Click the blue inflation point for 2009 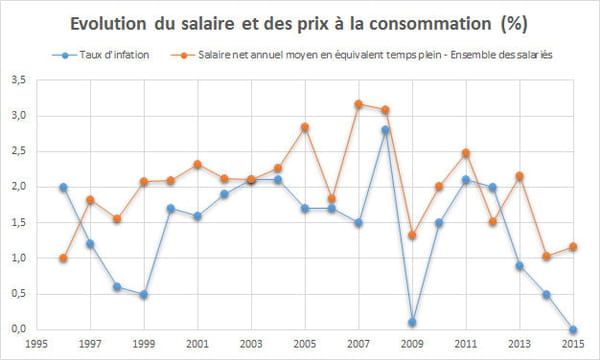(x=412, y=322)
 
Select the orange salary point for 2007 (x=359, y=104)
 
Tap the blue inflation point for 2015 (x=573, y=329)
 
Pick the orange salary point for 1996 (x=64, y=258)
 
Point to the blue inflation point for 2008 (x=385, y=130)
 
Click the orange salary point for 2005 (x=305, y=127)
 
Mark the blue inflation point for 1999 (x=144, y=294)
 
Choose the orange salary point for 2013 (x=519, y=176)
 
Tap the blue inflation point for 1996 (x=64, y=187)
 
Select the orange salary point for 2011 (x=466, y=153)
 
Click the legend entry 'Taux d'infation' (x=101, y=55)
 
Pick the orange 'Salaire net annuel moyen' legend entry (x=362, y=55)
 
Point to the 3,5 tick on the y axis (x=18, y=80)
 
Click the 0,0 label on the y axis (x=18, y=329)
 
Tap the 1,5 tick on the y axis (x=18, y=223)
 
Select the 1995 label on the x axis (x=36, y=344)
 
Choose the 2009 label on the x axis (x=412, y=344)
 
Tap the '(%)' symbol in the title (x=514, y=24)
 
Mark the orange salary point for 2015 (x=573, y=247)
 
